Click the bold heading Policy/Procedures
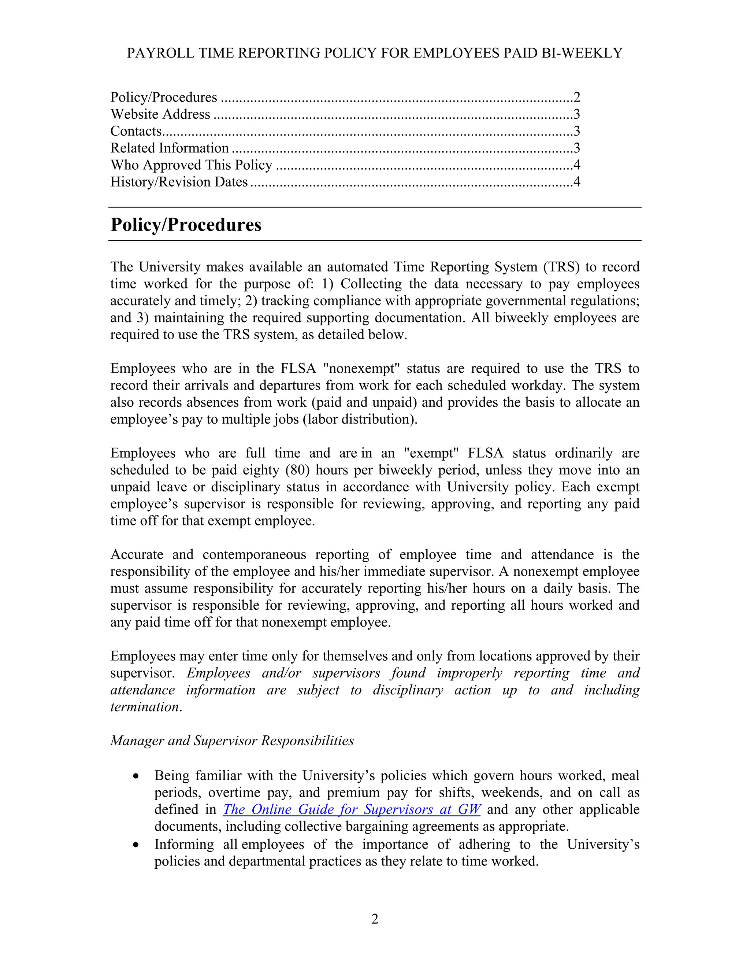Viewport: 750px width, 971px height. pyautogui.click(x=186, y=225)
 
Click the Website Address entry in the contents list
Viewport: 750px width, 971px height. pyautogui.click(x=160, y=114)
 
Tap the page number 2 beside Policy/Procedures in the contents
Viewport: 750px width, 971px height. pyautogui.click(x=577, y=97)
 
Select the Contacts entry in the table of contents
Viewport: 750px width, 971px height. pyautogui.click(x=136, y=131)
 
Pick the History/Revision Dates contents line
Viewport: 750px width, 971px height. pyautogui.click(x=179, y=182)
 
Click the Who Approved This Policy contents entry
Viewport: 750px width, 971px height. pyautogui.click(x=191, y=165)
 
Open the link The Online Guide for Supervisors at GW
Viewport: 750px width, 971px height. pyautogui.click(x=352, y=809)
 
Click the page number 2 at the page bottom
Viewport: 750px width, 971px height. pyautogui.click(x=375, y=919)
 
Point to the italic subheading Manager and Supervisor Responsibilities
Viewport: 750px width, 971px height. pyautogui.click(x=232, y=741)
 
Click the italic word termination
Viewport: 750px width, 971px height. pyautogui.click(x=144, y=707)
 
